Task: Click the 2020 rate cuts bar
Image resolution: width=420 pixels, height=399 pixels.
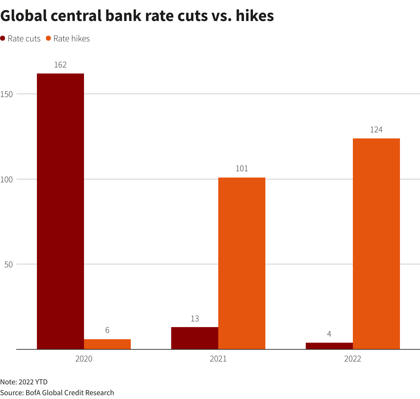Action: pos(60,211)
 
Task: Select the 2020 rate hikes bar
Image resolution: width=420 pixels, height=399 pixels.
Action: pos(107,344)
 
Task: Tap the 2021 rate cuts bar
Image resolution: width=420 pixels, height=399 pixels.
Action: pos(195,338)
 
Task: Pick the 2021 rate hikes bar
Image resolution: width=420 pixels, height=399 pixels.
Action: pos(242,263)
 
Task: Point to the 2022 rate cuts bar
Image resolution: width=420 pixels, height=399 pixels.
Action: pos(329,346)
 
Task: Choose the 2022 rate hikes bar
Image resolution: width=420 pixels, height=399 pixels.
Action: pos(376,244)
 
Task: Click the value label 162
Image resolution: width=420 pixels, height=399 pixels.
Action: pos(60,65)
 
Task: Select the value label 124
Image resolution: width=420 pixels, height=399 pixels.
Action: pos(376,130)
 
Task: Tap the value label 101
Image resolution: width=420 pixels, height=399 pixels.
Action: pos(242,169)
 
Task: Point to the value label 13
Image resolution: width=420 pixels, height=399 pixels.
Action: pos(195,318)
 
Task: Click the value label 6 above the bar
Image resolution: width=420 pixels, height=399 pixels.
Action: pos(107,330)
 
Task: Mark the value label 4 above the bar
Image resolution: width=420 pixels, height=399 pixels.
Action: pos(329,334)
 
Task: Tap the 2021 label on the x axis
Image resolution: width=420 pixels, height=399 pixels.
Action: pos(218,359)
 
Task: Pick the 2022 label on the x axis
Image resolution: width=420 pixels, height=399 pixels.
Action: pos(353,359)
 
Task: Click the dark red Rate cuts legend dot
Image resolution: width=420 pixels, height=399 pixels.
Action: pos(3,38)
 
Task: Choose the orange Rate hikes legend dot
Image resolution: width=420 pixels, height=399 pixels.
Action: pos(48,38)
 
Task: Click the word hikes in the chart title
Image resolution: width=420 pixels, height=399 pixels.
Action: pos(255,16)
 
